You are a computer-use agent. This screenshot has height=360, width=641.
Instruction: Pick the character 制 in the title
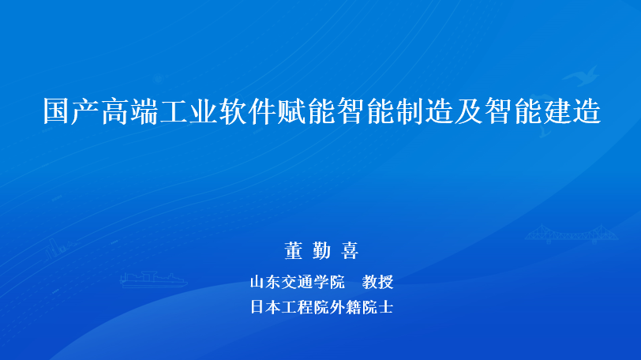pos(410,111)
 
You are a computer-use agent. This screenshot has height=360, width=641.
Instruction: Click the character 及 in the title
pos(469,111)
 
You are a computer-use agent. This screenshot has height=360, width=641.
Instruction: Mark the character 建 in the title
pos(557,111)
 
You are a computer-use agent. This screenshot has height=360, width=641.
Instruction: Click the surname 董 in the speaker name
pos(294,250)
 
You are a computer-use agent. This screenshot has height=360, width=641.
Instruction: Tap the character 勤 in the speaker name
pos(322,250)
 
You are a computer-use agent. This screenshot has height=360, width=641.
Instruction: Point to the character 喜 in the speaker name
pos(350,250)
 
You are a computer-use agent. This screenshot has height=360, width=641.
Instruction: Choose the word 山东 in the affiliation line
pos(266,282)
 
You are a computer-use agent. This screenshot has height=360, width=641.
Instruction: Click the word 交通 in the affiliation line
pos(297,282)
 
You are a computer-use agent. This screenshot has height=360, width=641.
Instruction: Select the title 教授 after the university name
pos(377,282)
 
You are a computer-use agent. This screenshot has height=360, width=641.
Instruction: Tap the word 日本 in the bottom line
pos(266,307)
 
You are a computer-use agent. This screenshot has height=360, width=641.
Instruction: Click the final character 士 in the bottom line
pos(385,307)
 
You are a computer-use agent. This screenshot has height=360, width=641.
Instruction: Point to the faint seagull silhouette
pos(580,76)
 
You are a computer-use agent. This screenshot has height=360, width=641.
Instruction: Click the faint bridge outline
pos(571,234)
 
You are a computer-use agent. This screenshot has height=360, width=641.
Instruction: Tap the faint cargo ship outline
pos(153,280)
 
